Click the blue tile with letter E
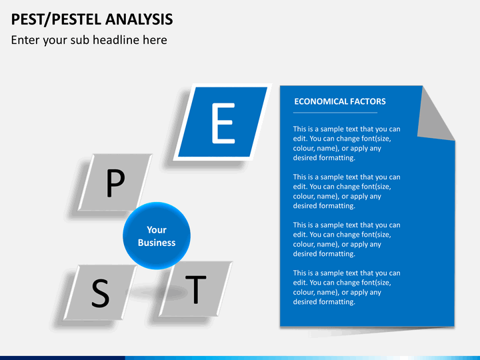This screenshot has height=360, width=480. (x=223, y=122)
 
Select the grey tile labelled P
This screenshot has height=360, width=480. (x=115, y=183)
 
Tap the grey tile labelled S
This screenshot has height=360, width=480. (x=101, y=293)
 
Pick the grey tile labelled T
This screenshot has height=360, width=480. (x=195, y=289)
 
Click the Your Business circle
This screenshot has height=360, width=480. (x=157, y=236)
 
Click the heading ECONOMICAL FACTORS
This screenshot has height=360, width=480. (x=340, y=101)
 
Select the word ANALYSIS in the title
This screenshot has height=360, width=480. (x=139, y=19)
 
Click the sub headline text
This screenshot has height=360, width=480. (x=89, y=40)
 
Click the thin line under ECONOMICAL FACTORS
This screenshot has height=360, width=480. (x=335, y=113)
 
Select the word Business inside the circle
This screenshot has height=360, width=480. (x=157, y=243)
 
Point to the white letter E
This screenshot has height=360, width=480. (x=223, y=123)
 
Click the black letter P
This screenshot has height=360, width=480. (x=115, y=183)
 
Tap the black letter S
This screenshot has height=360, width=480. (x=101, y=293)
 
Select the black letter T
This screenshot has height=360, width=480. (x=195, y=289)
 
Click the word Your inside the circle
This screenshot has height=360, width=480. (x=157, y=229)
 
